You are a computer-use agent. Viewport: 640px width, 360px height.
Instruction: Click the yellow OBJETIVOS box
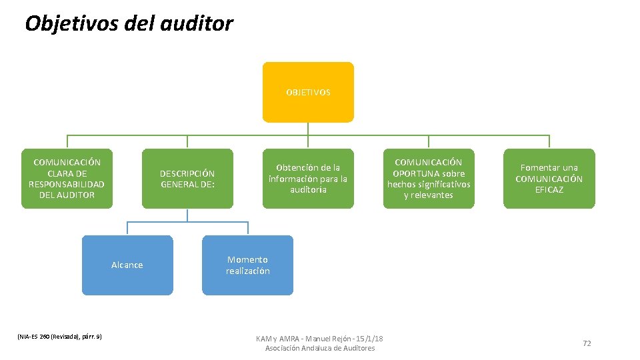308,92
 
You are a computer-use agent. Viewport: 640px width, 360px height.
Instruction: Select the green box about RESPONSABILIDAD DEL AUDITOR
67,179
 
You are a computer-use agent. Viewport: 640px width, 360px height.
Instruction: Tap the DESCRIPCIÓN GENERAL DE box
187,179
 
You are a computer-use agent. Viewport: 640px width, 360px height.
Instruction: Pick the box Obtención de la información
308,179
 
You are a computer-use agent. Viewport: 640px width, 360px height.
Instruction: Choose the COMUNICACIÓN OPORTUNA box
429,179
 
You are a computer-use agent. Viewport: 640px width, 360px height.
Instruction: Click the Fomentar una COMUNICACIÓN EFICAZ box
549,179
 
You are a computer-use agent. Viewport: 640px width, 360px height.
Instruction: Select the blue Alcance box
127,265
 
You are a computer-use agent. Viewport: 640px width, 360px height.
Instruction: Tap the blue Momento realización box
247,265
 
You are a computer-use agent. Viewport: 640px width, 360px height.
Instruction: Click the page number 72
587,343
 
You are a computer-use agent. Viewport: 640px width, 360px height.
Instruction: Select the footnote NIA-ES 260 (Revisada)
59,337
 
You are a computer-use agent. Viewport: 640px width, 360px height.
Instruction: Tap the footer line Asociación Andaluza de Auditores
320,349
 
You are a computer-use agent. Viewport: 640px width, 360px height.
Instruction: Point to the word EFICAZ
549,190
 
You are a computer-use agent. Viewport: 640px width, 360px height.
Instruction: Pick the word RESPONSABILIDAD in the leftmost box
67,184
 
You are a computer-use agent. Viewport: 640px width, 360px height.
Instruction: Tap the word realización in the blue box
247,271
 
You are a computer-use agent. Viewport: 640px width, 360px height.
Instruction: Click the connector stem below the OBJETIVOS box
308,129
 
